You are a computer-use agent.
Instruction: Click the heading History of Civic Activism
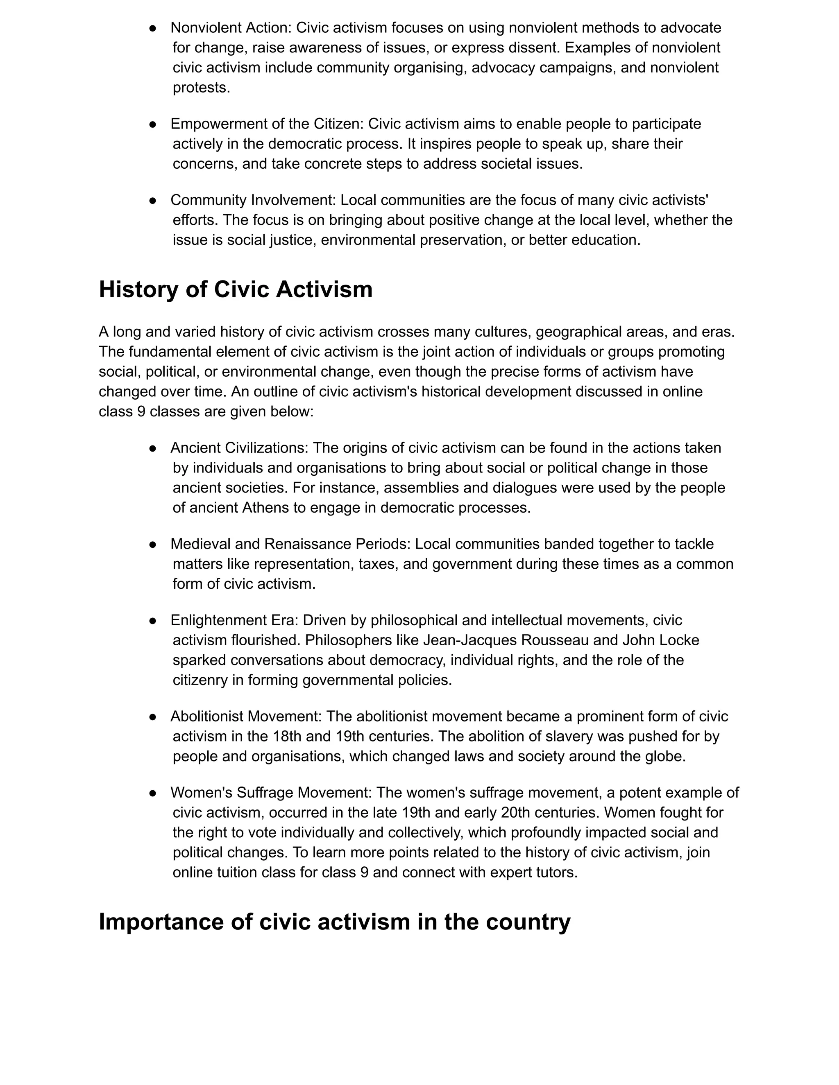tap(236, 289)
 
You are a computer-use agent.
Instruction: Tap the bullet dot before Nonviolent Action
tap(152, 28)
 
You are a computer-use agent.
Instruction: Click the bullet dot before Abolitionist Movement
tap(152, 717)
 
